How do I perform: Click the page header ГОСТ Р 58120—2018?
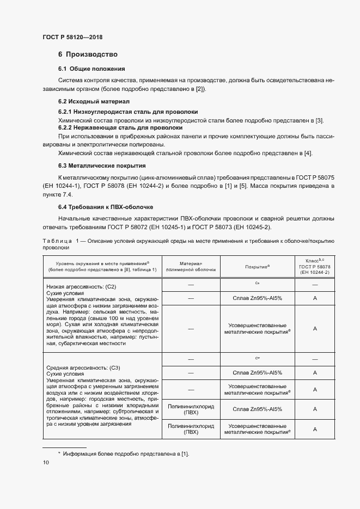coord(72,38)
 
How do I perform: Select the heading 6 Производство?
coord(88,54)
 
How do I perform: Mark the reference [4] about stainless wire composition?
coord(308,153)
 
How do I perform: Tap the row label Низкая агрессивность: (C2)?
coord(81,286)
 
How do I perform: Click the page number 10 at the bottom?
coord(46,462)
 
